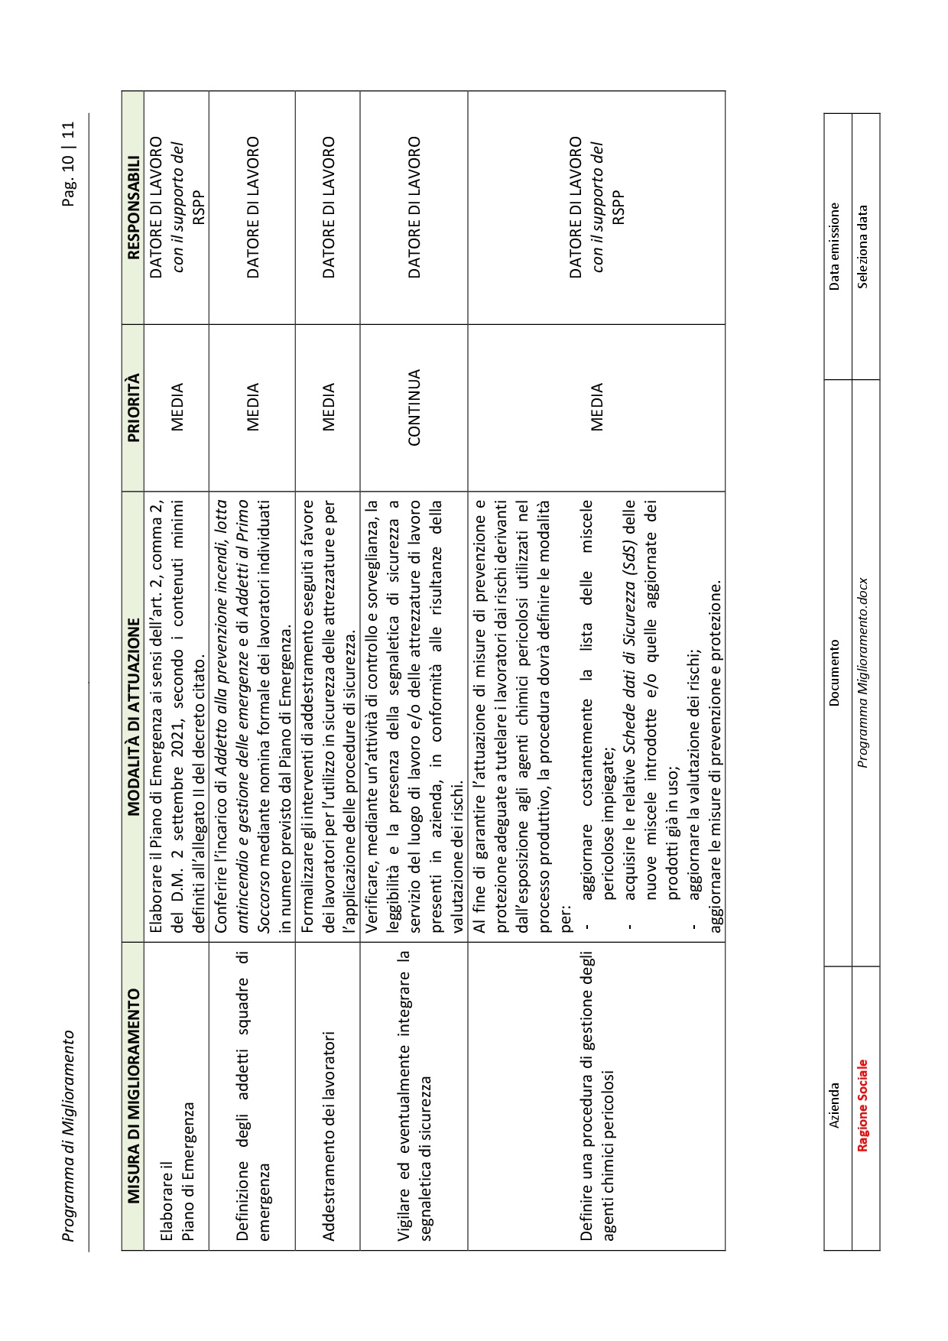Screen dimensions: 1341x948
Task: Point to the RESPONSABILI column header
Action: [x=132, y=207]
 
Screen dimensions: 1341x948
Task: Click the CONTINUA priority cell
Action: [x=414, y=407]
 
